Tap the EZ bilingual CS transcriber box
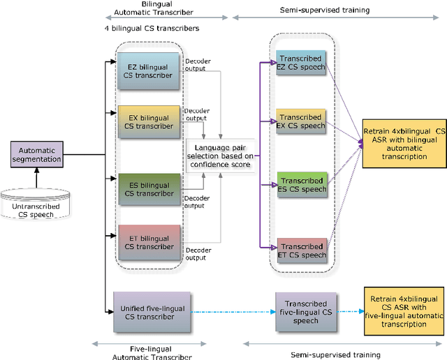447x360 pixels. (x=147, y=72)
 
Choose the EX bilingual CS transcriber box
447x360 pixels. (x=147, y=122)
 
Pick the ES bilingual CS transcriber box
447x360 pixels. (x=147, y=190)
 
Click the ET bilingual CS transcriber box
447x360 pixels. (x=147, y=241)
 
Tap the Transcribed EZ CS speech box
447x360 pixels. (x=302, y=67)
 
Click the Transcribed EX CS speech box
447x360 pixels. (x=302, y=121)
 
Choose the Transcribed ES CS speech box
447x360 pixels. (x=302, y=184)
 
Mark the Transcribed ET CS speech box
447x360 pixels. (x=302, y=250)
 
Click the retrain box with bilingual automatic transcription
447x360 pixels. (x=403, y=144)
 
